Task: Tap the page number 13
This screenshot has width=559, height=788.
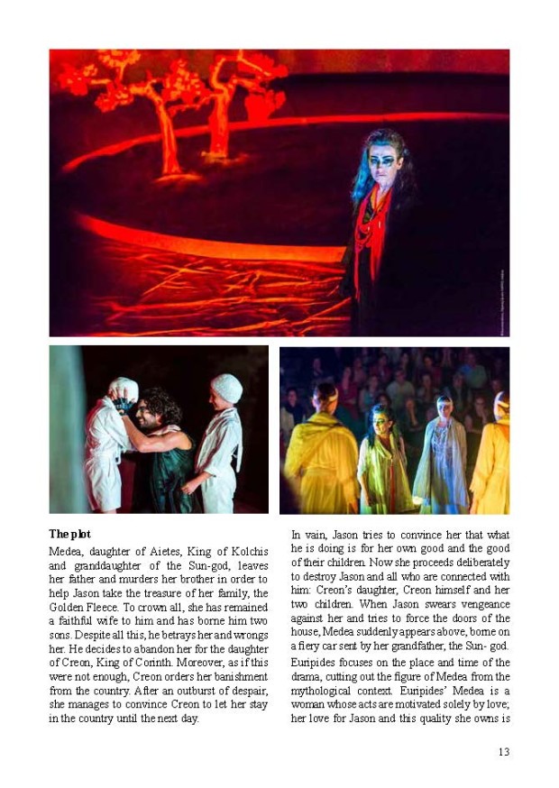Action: click(503, 752)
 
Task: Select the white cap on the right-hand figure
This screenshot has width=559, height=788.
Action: click(226, 389)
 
